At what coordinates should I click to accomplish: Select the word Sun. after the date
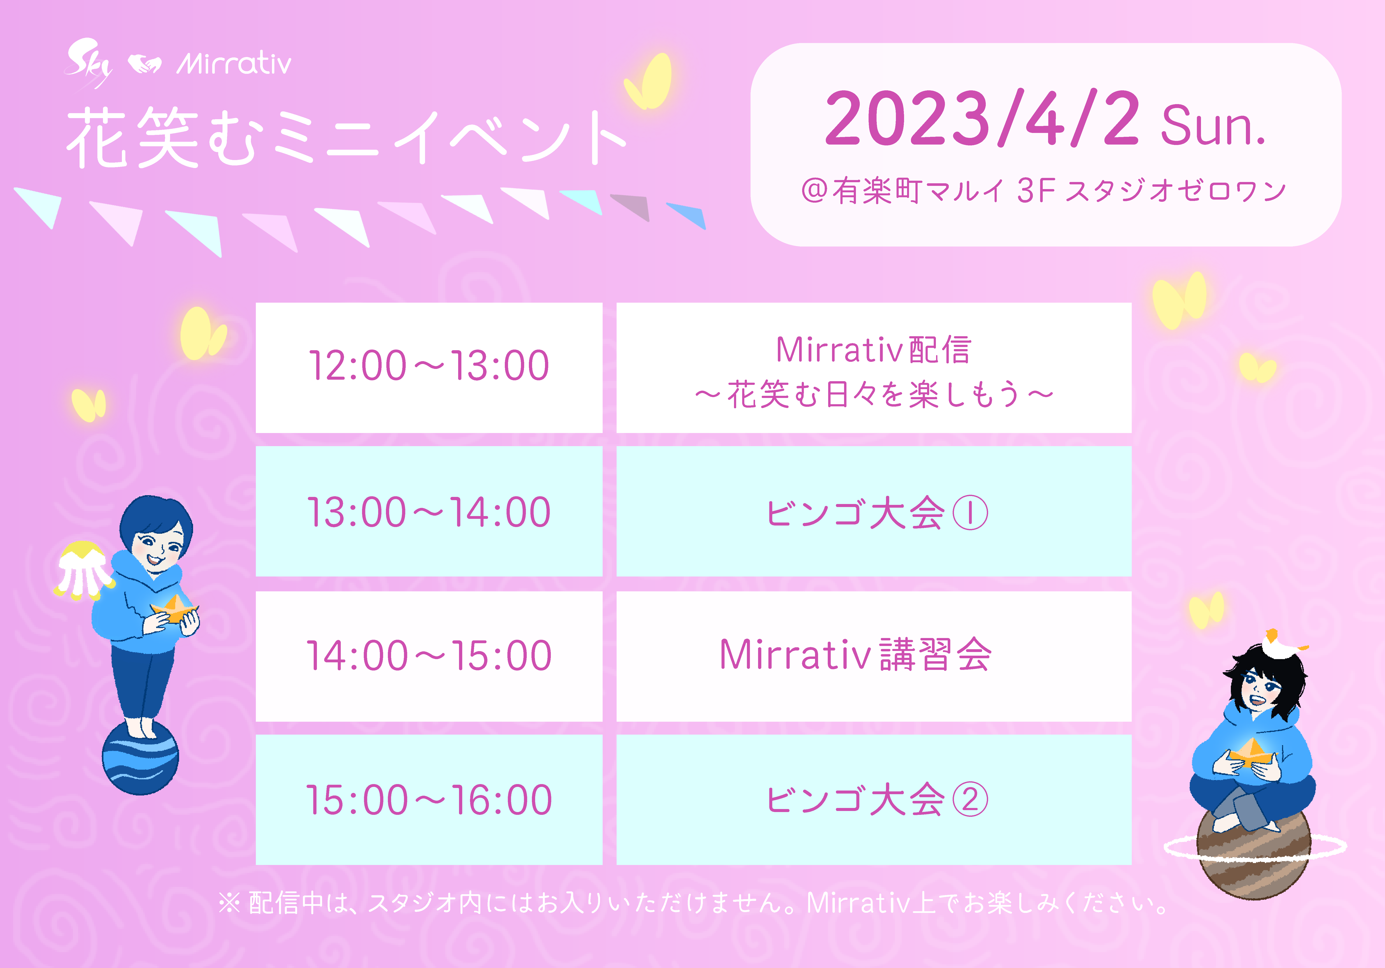[1213, 126]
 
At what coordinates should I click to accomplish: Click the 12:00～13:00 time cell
[429, 368]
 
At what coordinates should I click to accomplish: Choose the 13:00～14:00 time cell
[429, 511]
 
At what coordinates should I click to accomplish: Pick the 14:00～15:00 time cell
[429, 656]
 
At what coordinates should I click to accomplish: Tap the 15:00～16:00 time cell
[429, 800]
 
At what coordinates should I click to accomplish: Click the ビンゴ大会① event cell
[874, 511]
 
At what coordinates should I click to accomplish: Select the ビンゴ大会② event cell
[874, 800]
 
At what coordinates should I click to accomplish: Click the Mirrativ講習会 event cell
[874, 656]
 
